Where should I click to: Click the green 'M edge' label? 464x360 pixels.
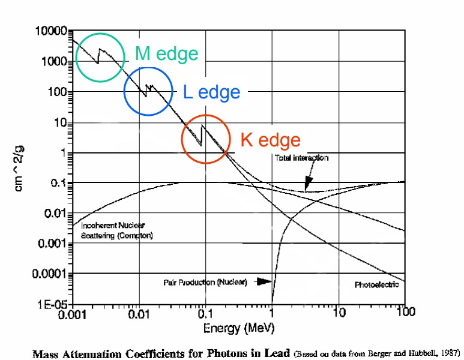point(166,54)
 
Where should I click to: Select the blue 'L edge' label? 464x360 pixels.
point(211,92)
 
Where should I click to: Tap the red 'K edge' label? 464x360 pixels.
point(270,140)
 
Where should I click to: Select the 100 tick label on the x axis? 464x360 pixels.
point(406,313)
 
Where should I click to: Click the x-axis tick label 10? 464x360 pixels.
point(339,313)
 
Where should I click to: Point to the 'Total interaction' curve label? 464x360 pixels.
point(301,158)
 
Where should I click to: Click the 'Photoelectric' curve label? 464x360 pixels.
point(376,284)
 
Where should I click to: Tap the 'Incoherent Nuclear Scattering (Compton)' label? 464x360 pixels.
point(116,230)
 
